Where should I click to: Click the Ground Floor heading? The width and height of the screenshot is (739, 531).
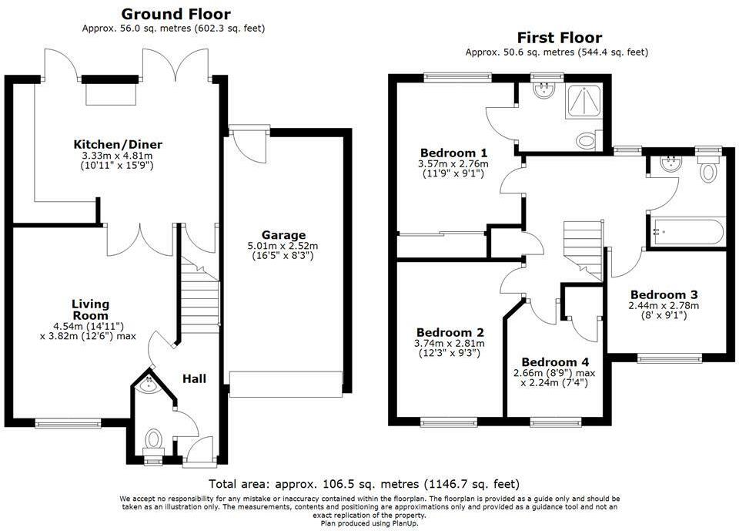click(176, 14)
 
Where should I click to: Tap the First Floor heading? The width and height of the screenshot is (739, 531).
click(560, 37)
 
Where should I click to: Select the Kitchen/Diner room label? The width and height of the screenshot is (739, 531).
click(118, 144)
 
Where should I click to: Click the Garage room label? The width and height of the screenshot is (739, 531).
click(284, 235)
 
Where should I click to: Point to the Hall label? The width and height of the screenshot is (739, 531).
click(194, 378)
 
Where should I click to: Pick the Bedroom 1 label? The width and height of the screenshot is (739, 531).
click(454, 153)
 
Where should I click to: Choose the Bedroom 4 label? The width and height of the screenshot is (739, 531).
click(555, 362)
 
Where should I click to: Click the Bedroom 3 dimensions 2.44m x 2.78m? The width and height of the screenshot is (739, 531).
click(664, 305)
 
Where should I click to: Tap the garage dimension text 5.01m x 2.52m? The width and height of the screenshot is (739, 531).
click(283, 246)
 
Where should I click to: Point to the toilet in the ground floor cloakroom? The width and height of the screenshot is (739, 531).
click(152, 439)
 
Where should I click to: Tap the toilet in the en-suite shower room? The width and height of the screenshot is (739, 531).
click(587, 141)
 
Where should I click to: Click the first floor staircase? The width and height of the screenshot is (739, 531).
click(583, 250)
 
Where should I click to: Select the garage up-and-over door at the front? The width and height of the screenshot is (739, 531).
click(286, 385)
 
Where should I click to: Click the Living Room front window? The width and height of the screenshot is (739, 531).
click(69, 423)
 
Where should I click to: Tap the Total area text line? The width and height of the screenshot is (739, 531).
click(364, 484)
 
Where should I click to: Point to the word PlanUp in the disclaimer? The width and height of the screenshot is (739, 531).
click(405, 523)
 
